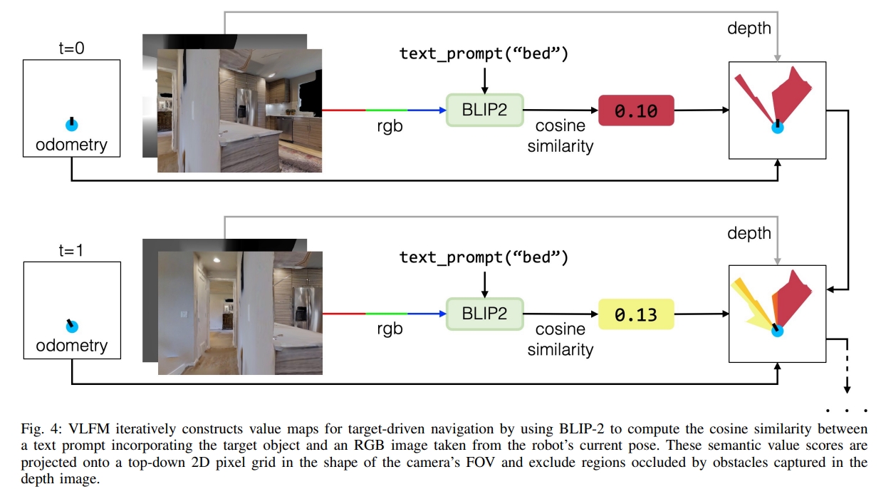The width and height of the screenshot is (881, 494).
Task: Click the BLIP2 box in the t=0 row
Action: [x=484, y=110]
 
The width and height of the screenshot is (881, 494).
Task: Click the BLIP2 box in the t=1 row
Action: [x=484, y=313]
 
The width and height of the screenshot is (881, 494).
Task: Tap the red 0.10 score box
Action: [x=636, y=110]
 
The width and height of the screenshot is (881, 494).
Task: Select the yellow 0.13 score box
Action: [x=636, y=314]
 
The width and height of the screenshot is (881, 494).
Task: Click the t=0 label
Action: [x=71, y=49]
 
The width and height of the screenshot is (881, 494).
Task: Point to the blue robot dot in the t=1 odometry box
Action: [x=71, y=326]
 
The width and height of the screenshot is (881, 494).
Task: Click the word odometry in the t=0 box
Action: [x=71, y=145]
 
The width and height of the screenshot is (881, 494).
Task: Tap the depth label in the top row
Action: [x=749, y=29]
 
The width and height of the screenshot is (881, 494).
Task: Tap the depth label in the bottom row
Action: [x=749, y=233]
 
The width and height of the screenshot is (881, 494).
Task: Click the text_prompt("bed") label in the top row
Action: [x=484, y=54]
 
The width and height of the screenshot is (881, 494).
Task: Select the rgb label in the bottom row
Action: [x=390, y=329]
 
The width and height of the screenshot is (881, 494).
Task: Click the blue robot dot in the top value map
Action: [x=778, y=128]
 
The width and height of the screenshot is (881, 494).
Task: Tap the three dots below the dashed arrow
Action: [x=848, y=411]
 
